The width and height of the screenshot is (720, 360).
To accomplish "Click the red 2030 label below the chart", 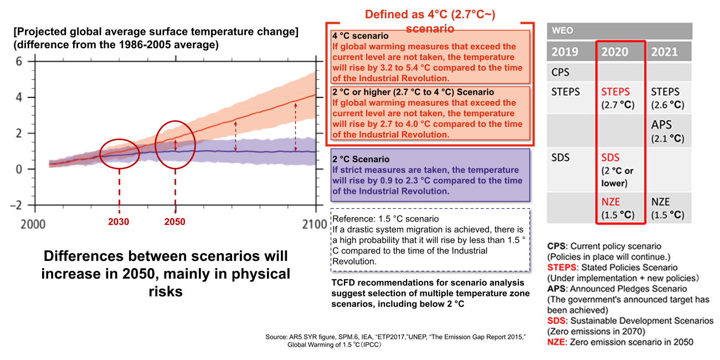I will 119,222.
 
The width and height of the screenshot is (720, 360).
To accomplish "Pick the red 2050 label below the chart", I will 175,222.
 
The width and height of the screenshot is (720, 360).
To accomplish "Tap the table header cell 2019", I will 565,52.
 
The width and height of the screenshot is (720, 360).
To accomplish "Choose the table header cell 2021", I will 664,52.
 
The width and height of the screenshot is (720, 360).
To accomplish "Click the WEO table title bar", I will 619,30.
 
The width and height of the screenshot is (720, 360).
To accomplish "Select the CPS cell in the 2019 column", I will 560,73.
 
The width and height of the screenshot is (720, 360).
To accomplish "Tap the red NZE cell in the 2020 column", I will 611,203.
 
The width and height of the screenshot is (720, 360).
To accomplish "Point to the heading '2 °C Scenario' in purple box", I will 362,159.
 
